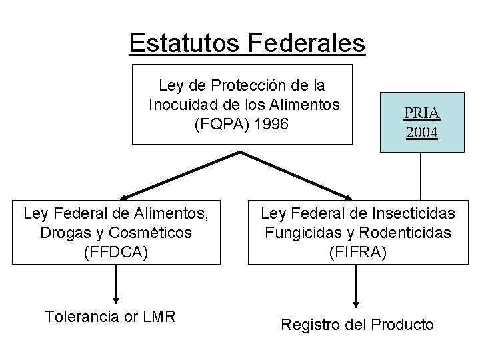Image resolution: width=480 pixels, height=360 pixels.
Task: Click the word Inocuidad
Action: point(181,105)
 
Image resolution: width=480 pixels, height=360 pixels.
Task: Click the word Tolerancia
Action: point(82,316)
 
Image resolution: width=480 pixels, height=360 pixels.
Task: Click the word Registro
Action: point(310,325)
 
